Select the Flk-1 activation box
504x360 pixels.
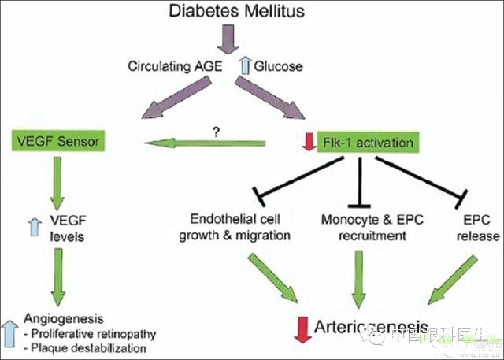366,143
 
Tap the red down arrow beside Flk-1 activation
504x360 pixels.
310,143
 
